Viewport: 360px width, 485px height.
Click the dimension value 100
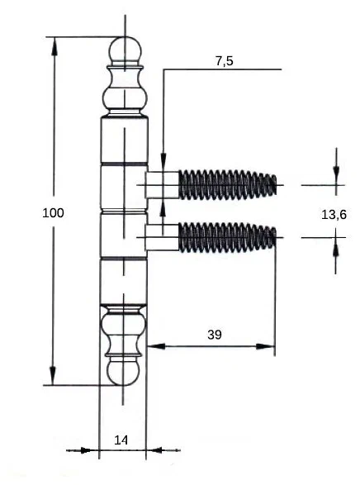[53, 213]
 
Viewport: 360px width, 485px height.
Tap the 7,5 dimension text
[225, 61]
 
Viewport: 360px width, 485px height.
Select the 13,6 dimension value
[334, 214]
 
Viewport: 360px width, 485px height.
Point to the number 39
[215, 335]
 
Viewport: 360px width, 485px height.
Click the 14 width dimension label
[121, 440]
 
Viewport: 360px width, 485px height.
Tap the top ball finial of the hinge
[126, 50]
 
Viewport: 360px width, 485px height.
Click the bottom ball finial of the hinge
[123, 371]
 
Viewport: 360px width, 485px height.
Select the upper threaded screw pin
[228, 184]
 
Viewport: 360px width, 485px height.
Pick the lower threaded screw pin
[228, 237]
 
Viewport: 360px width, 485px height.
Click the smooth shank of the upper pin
[162, 184]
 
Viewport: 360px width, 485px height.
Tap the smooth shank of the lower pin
[162, 237]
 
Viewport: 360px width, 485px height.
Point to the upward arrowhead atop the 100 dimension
[54, 46]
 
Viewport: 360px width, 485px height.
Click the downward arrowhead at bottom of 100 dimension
[53, 376]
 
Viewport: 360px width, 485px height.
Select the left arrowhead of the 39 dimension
[156, 346]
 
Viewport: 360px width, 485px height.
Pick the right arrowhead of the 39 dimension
[265, 346]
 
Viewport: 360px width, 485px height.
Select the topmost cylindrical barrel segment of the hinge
[124, 140]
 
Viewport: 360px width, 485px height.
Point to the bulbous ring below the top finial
[125, 98]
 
